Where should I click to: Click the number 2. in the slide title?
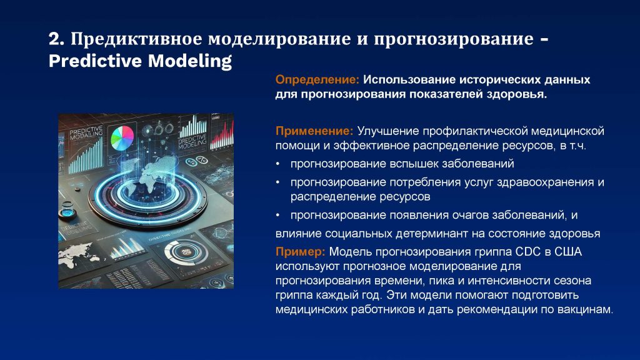click(x=56, y=39)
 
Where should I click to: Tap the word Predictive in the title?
click(x=96, y=61)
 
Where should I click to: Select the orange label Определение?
click(x=317, y=79)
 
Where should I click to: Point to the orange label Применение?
click(x=314, y=131)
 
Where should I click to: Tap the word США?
click(x=567, y=251)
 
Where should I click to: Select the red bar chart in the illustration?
click(x=222, y=132)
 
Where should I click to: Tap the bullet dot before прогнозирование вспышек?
click(x=278, y=164)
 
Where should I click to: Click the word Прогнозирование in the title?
click(x=453, y=39)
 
